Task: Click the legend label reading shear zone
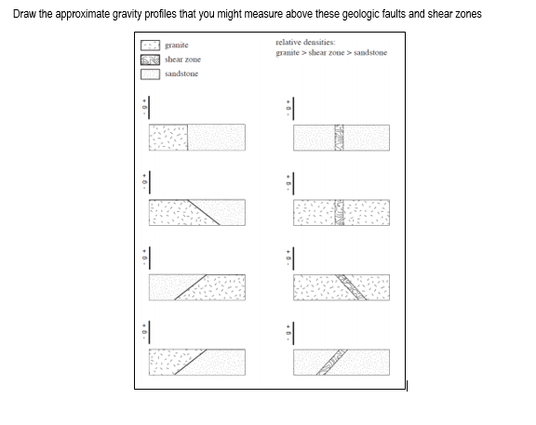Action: pyautogui.click(x=182, y=60)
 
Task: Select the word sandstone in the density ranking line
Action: pyautogui.click(x=368, y=53)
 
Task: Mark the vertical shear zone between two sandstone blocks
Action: pyautogui.click(x=341, y=138)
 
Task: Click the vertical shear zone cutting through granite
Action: pyautogui.click(x=341, y=212)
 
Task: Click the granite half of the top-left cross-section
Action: pyautogui.click(x=168, y=138)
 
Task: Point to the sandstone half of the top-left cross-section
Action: pyautogui.click(x=217, y=138)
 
